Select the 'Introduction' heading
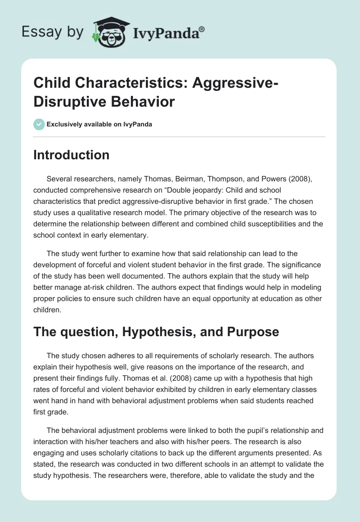tap(72, 155)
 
